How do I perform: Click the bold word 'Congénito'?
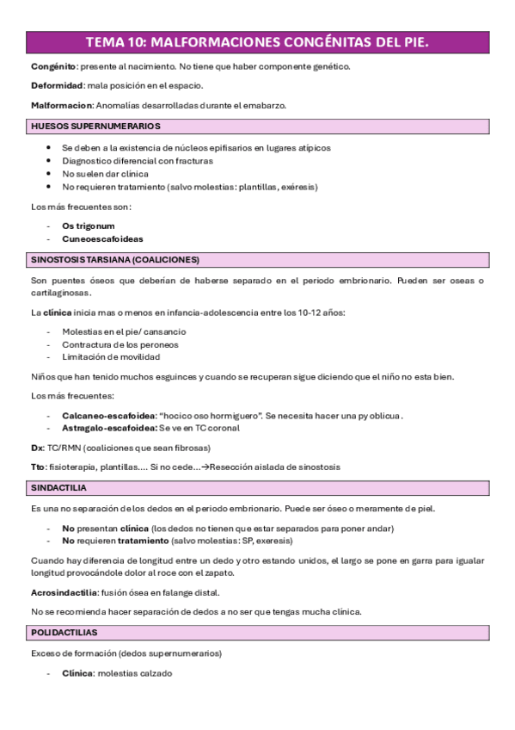(x=52, y=66)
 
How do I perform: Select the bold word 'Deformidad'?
(x=56, y=85)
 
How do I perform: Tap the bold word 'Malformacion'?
(x=60, y=105)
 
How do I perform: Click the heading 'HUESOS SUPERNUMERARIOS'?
(x=95, y=126)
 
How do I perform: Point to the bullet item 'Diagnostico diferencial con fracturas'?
(x=137, y=160)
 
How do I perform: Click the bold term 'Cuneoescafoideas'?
(x=102, y=238)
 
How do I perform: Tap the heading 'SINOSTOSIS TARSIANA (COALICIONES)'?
(x=114, y=259)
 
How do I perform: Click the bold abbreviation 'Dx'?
(x=36, y=448)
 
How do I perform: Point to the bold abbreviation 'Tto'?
(x=38, y=467)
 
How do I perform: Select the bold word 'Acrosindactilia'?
(x=64, y=592)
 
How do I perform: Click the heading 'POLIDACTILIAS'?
(x=64, y=633)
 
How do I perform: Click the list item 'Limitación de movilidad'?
(x=111, y=356)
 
